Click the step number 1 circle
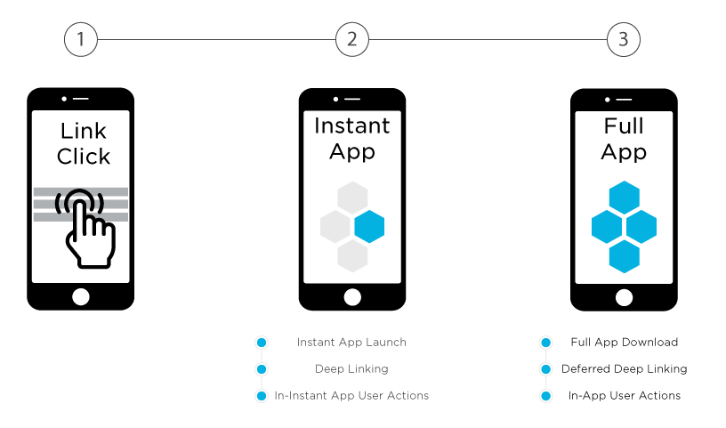(x=81, y=39)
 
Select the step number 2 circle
(x=352, y=39)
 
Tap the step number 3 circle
(x=624, y=39)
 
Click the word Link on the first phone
(x=83, y=131)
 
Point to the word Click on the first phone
(x=83, y=157)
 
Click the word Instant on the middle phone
(x=352, y=125)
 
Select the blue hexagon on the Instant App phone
(x=369, y=227)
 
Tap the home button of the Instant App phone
(x=352, y=296)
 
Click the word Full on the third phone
(x=624, y=125)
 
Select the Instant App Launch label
(x=351, y=343)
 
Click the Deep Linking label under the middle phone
(x=351, y=368)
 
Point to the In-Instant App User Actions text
(x=351, y=395)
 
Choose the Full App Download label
(x=624, y=343)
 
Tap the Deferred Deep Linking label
(x=624, y=368)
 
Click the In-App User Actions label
(x=624, y=395)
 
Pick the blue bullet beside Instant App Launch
(x=261, y=343)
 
